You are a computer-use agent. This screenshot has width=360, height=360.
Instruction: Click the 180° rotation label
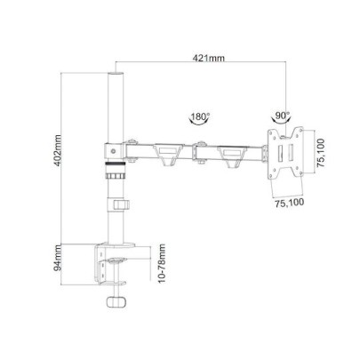(x=200, y=116)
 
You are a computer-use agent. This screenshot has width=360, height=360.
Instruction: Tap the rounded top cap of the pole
(x=114, y=73)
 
